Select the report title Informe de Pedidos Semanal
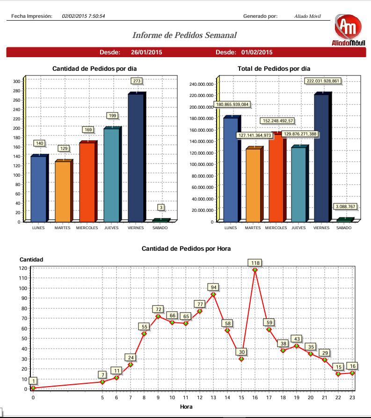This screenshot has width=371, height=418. coord(184,35)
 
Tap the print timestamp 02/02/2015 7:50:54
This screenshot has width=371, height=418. coord(83,16)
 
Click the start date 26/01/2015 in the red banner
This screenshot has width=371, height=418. coord(146,52)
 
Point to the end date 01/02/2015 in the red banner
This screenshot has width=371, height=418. coord(257,52)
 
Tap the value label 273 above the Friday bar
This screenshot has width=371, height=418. coord(137,81)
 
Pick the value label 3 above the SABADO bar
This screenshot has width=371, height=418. coord(161,207)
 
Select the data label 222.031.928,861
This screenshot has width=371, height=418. coord(322,81)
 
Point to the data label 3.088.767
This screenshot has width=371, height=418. coord(345,207)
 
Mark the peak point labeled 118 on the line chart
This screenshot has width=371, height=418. coord(255,270)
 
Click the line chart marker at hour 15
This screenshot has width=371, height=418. coord(241,359)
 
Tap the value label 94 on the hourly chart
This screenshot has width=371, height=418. coord(213,287)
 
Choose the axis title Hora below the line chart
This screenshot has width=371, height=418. coord(186,407)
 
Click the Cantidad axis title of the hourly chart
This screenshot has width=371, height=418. coord(31,259)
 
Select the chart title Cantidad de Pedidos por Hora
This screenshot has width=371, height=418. coord(186,249)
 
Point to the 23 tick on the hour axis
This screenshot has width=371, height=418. coord(352,397)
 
